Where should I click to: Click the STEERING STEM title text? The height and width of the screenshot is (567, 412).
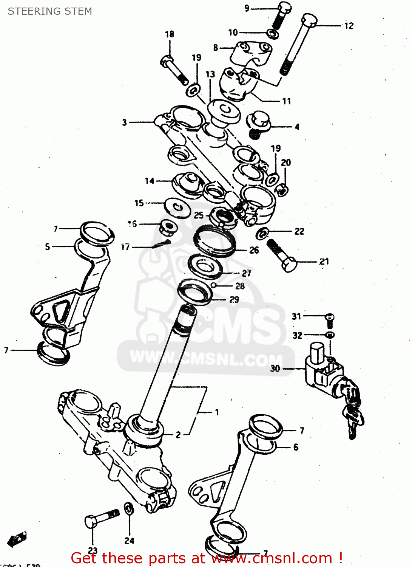50,11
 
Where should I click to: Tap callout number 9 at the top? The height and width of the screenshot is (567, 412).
247,8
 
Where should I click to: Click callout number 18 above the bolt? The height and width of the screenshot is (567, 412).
170,34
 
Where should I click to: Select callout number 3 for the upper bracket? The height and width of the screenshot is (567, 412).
124,122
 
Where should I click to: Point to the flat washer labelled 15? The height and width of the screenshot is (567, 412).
177,207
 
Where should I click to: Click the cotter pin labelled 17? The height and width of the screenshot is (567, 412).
162,244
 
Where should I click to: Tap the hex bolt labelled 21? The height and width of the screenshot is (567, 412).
282,255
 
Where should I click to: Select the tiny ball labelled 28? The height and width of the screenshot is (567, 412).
214,285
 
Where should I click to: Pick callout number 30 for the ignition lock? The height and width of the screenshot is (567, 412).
275,369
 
